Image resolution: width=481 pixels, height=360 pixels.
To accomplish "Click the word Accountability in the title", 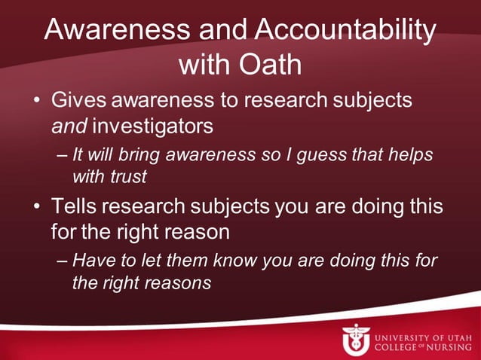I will pyautogui.click(x=345, y=30).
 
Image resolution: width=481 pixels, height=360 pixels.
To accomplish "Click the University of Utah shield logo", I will pyautogui.click(x=355, y=339).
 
